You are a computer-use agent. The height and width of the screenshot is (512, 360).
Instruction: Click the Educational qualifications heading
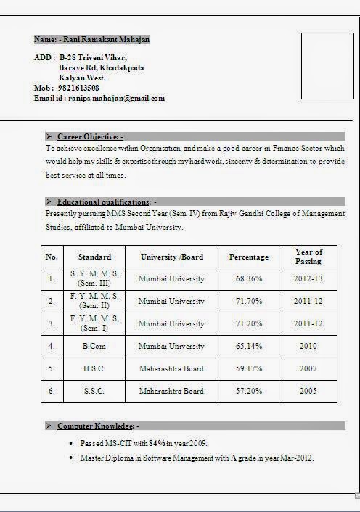104,202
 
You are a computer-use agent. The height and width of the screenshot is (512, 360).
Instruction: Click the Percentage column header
249,257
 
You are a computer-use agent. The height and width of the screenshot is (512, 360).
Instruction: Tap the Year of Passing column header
308,257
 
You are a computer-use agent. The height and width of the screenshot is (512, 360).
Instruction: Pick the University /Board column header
171,257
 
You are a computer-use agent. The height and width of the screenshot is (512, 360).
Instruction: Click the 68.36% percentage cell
249,279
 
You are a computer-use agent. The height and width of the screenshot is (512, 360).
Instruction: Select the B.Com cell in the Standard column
94,347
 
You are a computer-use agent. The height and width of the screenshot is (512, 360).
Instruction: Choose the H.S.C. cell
94,369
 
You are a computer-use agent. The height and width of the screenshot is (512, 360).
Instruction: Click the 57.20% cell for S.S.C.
249,392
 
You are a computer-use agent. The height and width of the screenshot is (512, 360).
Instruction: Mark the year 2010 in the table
308,347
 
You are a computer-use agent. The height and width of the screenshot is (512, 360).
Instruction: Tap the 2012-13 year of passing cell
308,279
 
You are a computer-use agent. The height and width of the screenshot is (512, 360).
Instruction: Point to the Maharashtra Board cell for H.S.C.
171,369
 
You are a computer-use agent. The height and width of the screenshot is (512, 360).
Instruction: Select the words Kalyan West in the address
82,78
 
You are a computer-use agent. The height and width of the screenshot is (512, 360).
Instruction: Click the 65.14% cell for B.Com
249,347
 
